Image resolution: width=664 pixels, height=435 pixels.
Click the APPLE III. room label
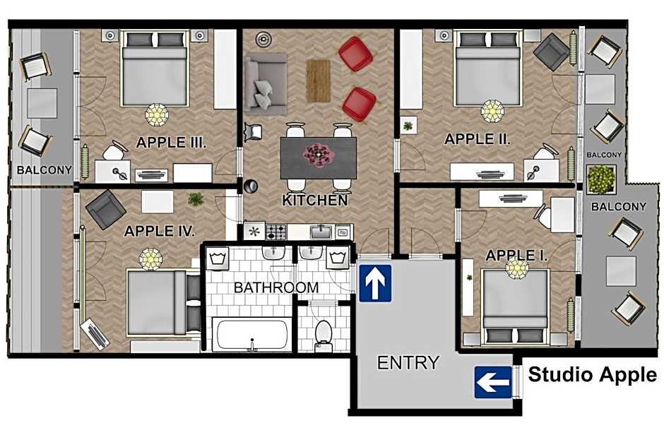point(171,142)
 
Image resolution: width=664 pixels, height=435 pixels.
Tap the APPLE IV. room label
point(160,231)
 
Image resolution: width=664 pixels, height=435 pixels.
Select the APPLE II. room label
point(477,139)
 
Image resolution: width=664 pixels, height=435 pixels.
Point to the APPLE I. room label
point(516,255)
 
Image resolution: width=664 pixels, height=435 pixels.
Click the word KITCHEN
point(315,201)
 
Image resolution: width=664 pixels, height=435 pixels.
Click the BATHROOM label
point(276,287)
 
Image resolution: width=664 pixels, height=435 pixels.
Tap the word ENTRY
point(408,363)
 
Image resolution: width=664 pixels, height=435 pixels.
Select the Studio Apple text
point(592,374)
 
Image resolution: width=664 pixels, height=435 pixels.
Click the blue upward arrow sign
point(375,282)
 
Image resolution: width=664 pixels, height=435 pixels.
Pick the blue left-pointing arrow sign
point(493,383)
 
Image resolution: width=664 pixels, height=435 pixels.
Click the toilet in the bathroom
point(324,332)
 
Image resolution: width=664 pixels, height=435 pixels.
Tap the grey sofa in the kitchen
point(265,80)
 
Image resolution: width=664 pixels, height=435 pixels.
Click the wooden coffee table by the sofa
point(318,80)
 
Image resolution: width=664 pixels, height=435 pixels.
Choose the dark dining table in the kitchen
point(318,157)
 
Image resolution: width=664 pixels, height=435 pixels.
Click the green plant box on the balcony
point(601,179)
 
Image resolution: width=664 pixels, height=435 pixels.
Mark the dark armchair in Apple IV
point(106,209)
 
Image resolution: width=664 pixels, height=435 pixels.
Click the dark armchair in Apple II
point(552,51)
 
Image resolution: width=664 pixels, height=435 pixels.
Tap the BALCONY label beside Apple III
point(45,169)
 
